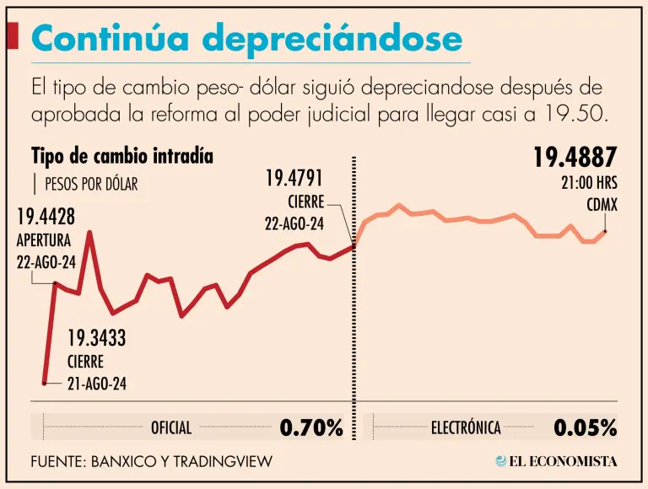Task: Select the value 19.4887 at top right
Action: tap(575, 158)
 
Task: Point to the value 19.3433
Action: tap(96, 339)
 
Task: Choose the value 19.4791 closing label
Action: tap(294, 178)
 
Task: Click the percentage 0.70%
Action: tap(311, 427)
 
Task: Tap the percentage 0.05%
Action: tap(586, 427)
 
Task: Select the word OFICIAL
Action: tap(171, 428)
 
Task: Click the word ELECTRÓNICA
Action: tap(466, 428)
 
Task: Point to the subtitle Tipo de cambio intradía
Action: tap(121, 156)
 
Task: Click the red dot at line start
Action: tap(45, 382)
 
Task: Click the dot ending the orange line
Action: tap(605, 231)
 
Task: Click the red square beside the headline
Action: tap(13, 35)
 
